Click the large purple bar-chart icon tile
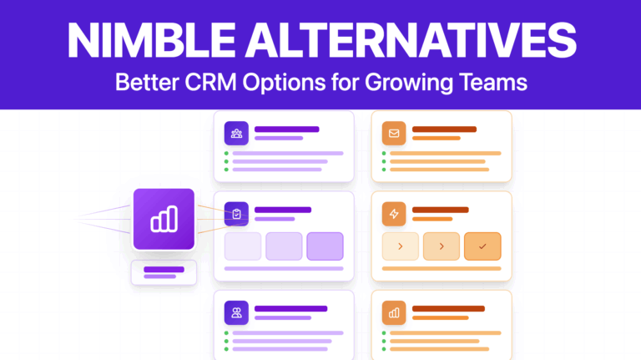164,219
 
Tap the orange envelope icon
394,133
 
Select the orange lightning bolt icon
394,215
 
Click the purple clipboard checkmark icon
237,215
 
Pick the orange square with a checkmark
482,246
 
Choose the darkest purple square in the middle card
325,246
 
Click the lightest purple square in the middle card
243,246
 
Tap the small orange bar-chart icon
394,313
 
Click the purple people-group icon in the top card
237,133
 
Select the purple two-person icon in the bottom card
237,313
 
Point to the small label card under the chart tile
164,272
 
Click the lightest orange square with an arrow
401,246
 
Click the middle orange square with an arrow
442,246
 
